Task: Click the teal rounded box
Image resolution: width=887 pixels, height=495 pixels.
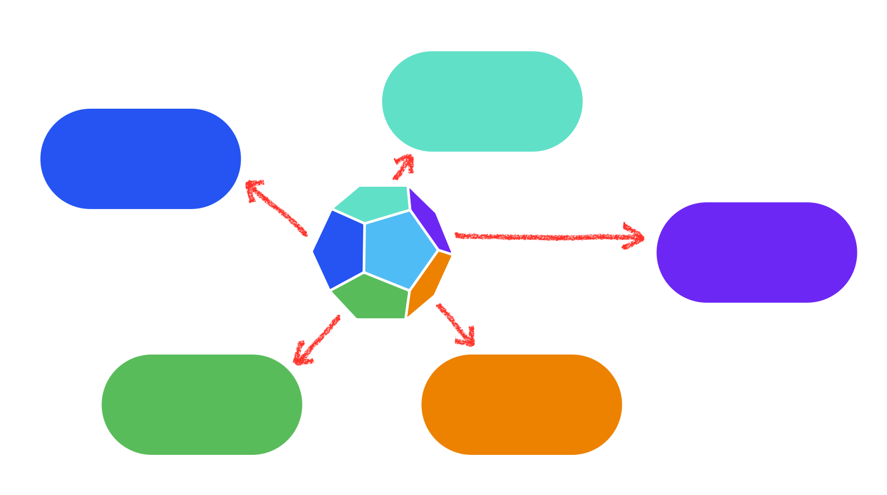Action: [x=482, y=101]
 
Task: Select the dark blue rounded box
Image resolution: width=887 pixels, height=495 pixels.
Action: [x=140, y=159]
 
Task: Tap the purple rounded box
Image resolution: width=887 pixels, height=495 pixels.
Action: [x=756, y=253]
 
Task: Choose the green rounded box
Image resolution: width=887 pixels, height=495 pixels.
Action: [x=202, y=405]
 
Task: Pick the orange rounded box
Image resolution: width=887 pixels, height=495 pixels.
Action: [x=522, y=405]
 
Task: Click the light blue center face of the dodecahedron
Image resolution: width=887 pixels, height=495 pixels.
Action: [x=398, y=250]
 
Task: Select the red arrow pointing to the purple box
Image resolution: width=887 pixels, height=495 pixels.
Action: [x=546, y=237]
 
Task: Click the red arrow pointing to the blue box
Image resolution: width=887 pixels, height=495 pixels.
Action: [x=277, y=208]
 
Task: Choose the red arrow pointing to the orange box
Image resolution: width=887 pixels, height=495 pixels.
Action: [x=455, y=324]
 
